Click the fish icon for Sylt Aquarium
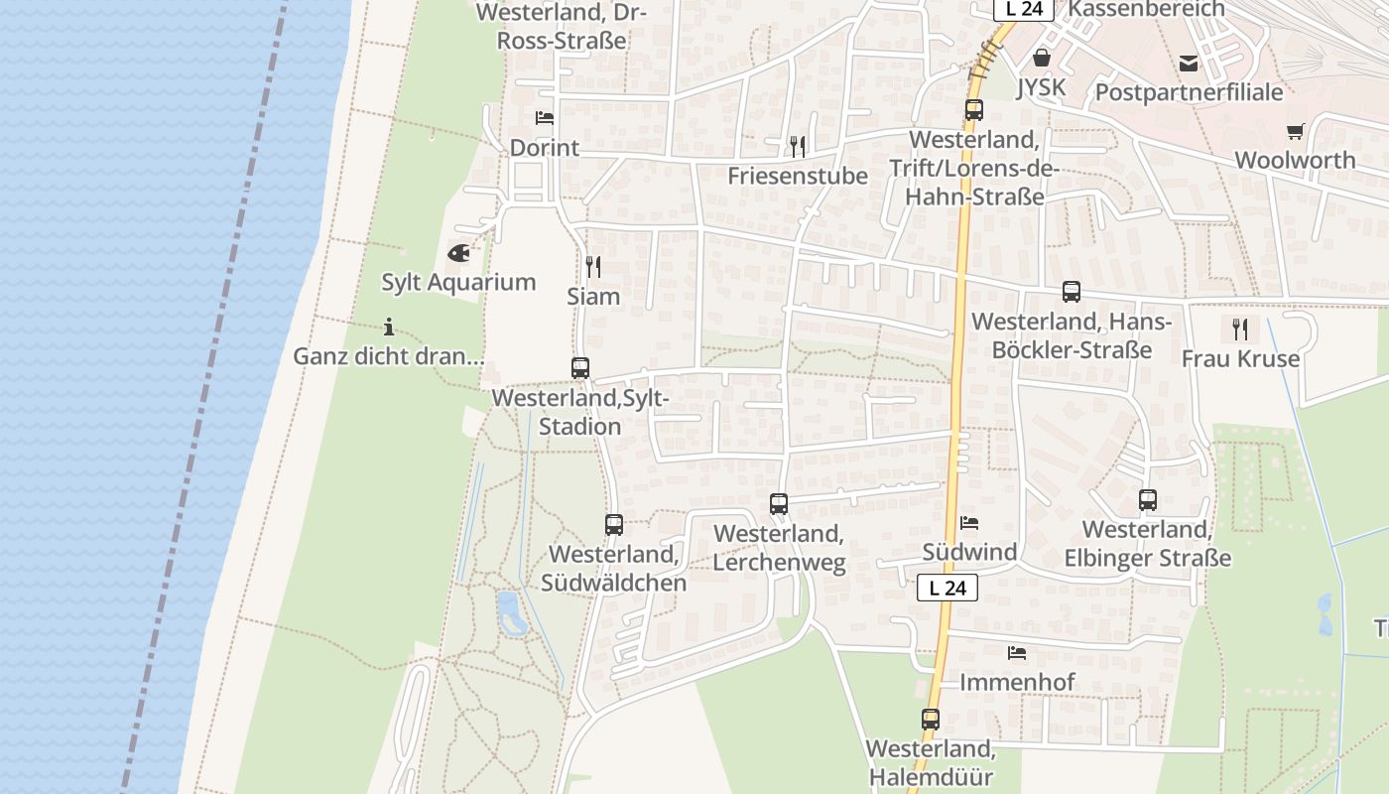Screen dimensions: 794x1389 point(458,253)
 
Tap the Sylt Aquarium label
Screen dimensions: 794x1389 point(458,282)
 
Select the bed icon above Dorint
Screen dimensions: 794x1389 point(545,118)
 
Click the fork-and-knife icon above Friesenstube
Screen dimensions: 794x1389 point(798,147)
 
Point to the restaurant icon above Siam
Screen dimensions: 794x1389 point(593,266)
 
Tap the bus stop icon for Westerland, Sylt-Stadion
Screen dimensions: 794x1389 point(580,368)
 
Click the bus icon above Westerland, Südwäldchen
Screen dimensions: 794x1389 point(614,525)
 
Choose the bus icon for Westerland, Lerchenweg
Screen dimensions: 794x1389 point(779,504)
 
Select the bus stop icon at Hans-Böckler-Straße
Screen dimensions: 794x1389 point(1072,292)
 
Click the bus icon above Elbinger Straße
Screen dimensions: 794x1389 point(1148,500)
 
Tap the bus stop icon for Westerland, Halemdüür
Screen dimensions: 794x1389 point(931,720)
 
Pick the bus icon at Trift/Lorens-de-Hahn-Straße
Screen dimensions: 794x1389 point(974,110)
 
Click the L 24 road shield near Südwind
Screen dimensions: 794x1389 point(947,588)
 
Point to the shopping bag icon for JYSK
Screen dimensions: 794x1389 point(1042,58)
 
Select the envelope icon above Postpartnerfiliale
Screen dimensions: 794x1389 point(1189,64)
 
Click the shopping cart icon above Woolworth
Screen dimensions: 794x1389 point(1296,131)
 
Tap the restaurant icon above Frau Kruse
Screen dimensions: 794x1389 point(1240,329)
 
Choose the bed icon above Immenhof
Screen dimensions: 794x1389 point(1017,653)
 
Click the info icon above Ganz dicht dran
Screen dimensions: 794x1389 point(389,327)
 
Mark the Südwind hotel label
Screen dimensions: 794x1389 point(969,552)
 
